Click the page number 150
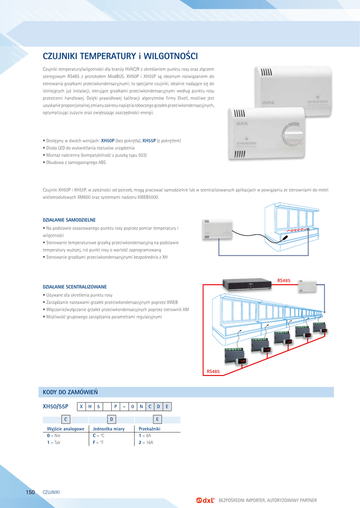(30, 492)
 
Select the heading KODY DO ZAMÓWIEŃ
(71, 392)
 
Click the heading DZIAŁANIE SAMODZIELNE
(69, 219)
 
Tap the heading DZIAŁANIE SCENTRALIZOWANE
(75, 287)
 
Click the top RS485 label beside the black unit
(284, 281)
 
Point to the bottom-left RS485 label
(213, 371)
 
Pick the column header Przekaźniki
(149, 428)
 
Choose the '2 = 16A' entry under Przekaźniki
(146, 442)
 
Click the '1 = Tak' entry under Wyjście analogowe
(54, 442)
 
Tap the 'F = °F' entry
(98, 442)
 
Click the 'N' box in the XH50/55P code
(141, 407)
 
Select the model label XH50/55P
(56, 406)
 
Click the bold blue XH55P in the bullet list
(149, 140)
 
